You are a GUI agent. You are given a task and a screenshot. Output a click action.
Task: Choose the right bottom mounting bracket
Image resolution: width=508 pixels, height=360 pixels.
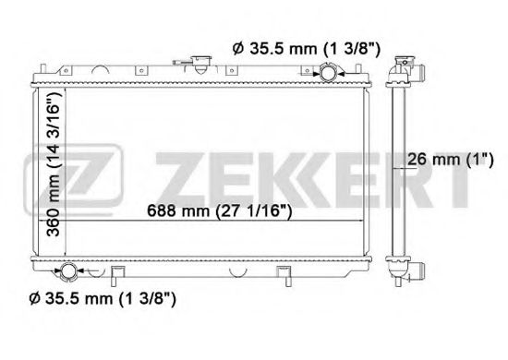(x=281, y=276)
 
